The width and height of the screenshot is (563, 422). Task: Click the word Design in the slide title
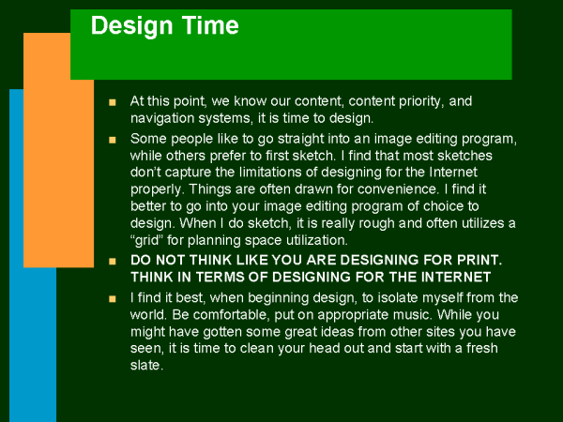(x=131, y=26)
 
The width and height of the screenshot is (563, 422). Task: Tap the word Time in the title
(x=210, y=25)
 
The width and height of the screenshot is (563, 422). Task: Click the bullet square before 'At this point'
(x=113, y=102)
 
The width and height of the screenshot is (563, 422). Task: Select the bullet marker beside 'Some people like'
(x=113, y=140)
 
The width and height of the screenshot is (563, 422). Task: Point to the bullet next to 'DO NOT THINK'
(x=113, y=261)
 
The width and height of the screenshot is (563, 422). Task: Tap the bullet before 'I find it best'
(x=113, y=298)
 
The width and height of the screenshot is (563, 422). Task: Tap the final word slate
(x=147, y=366)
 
